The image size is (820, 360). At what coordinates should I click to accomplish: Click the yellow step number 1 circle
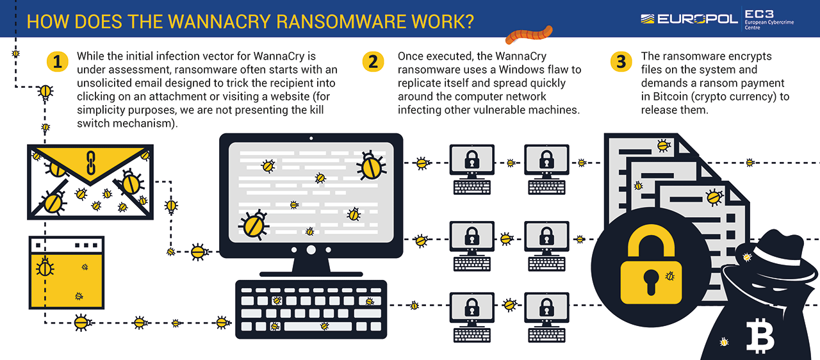tap(58, 61)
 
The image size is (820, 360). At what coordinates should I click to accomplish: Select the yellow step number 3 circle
tap(620, 61)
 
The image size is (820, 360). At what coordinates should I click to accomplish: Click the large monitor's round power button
tap(311, 250)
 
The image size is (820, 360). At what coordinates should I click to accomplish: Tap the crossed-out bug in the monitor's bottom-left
tap(252, 225)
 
